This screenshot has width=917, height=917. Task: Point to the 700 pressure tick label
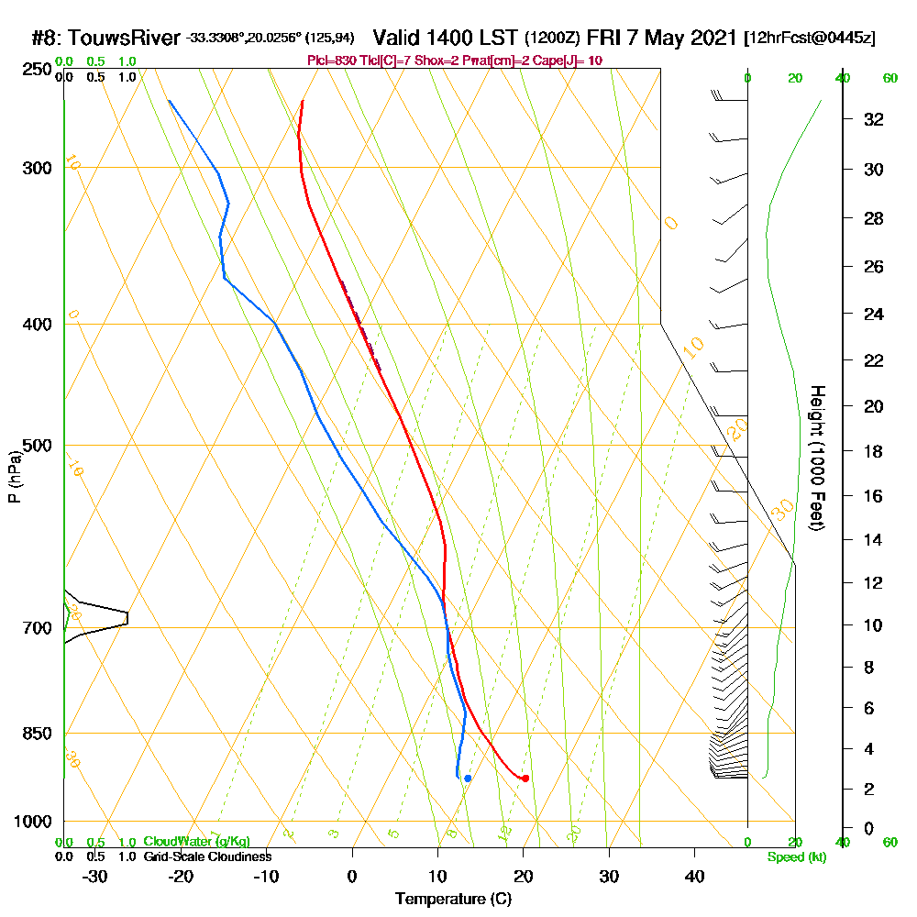click(x=35, y=628)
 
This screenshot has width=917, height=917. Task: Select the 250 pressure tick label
click(x=35, y=69)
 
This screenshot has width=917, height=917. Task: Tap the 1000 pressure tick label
click(x=31, y=822)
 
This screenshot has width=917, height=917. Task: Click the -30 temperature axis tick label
click(x=94, y=876)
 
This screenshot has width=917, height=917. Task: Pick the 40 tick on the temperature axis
click(x=694, y=876)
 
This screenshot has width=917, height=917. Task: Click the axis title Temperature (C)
click(x=453, y=900)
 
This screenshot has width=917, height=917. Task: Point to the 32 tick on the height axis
click(x=874, y=119)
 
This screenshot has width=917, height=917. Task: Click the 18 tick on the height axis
click(x=874, y=451)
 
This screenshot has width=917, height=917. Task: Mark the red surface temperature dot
click(x=525, y=779)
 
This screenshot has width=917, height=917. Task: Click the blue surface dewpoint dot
click(x=468, y=779)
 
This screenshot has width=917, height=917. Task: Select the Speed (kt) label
click(x=794, y=856)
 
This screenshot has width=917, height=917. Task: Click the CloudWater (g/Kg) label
click(x=196, y=842)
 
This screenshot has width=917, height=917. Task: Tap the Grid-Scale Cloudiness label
click(x=207, y=856)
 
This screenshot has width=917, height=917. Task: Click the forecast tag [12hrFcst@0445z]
click(x=811, y=38)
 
